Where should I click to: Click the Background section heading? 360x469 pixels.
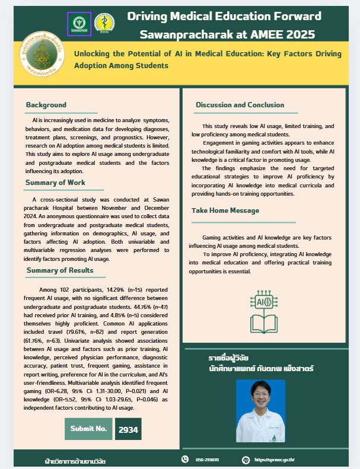click(46, 105)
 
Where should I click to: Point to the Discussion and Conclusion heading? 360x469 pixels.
click(240, 105)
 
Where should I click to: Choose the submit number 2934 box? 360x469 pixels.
click(128, 429)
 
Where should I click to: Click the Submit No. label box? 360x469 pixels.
click(88, 429)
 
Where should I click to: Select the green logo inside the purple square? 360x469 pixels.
click(78, 23)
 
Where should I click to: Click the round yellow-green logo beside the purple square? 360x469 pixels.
click(105, 23)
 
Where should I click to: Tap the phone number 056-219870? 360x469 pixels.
click(207, 460)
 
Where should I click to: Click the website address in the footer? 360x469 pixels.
click(275, 460)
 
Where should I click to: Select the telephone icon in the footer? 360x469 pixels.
click(184, 460)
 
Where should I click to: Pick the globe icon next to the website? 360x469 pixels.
click(246, 460)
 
